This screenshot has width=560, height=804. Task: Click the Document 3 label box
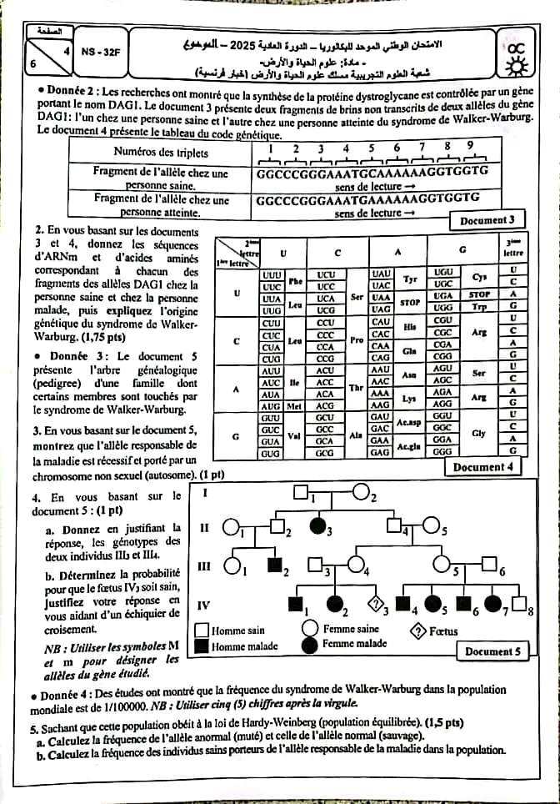coord(492,220)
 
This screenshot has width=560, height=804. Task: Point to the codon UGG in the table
coord(444,308)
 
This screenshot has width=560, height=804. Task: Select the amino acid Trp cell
coord(478,308)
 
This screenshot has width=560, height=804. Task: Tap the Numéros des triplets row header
coord(161,153)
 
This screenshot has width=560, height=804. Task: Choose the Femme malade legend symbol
coord(310,644)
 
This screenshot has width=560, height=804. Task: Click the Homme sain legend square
coord(202,630)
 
